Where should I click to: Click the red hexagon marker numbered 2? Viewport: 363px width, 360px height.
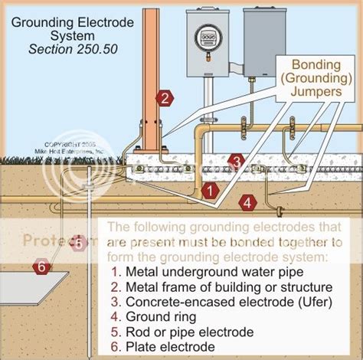(x=162, y=98)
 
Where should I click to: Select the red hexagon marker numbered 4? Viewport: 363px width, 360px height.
(x=245, y=202)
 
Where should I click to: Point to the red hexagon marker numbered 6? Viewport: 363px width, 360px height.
(x=41, y=267)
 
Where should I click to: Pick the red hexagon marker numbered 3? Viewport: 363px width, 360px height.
(x=236, y=161)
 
